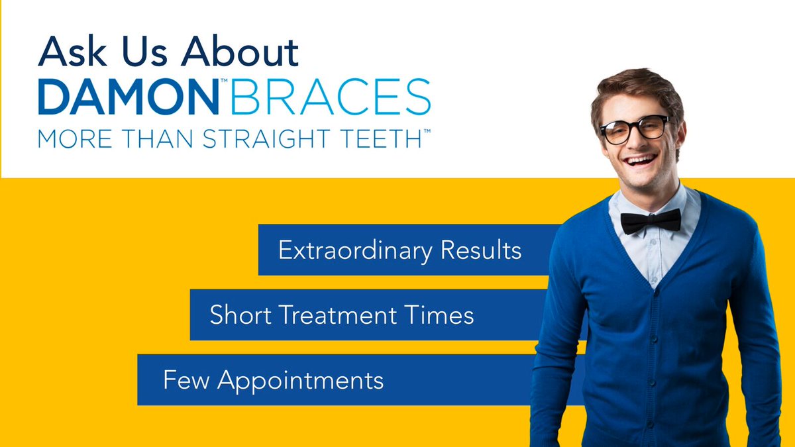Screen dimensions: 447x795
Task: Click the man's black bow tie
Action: click(651, 221)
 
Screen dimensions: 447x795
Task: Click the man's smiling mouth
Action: click(642, 160)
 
